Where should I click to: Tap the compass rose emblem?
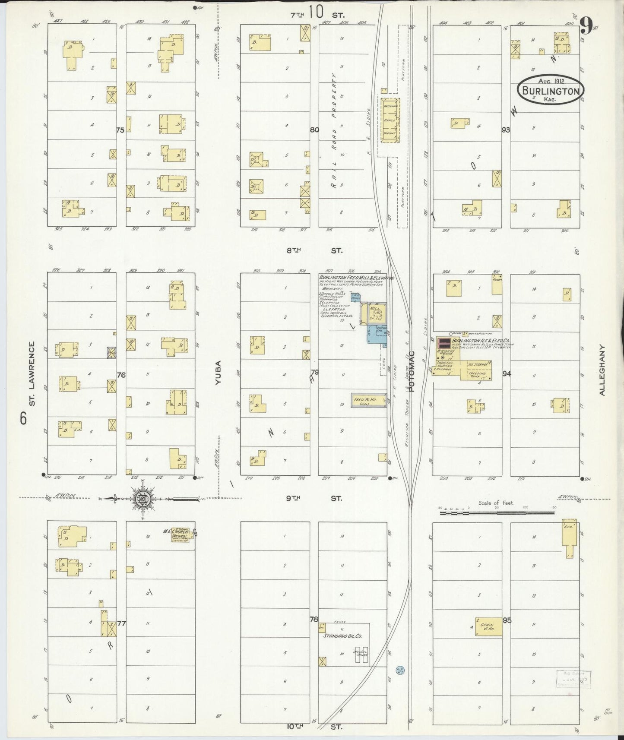[146, 498]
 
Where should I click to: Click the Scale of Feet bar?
[497, 513]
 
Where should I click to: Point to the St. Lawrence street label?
[32, 374]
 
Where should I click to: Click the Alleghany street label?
[603, 370]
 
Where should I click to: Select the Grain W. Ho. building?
[488, 626]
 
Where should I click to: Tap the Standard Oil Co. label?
[343, 636]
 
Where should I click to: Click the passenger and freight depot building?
[390, 120]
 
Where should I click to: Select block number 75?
[120, 130]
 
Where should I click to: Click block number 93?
[506, 130]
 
